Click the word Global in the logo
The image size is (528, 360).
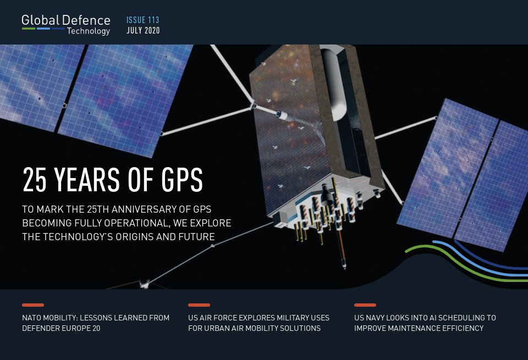pyautogui.click(x=41, y=20)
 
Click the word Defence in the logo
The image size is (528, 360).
pyautogui.click(x=86, y=20)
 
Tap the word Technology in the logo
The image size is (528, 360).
pyautogui.click(x=88, y=31)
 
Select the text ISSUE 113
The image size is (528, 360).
pyautogui.click(x=142, y=20)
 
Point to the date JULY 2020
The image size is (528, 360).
pyautogui.click(x=143, y=31)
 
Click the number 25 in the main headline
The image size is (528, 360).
pyautogui.click(x=34, y=179)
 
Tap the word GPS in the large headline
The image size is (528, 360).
pyautogui.click(x=177, y=179)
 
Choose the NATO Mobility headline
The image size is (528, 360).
pyautogui.click(x=96, y=323)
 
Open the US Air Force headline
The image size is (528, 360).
pyautogui.click(x=258, y=323)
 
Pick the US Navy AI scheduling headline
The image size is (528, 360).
pyautogui.click(x=425, y=323)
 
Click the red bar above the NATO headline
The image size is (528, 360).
pyautogui.click(x=33, y=305)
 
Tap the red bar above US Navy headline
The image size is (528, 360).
pyautogui.click(x=365, y=305)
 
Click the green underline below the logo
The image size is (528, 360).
pyautogui.click(x=29, y=28)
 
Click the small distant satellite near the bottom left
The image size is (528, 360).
pyautogui.click(x=145, y=284)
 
